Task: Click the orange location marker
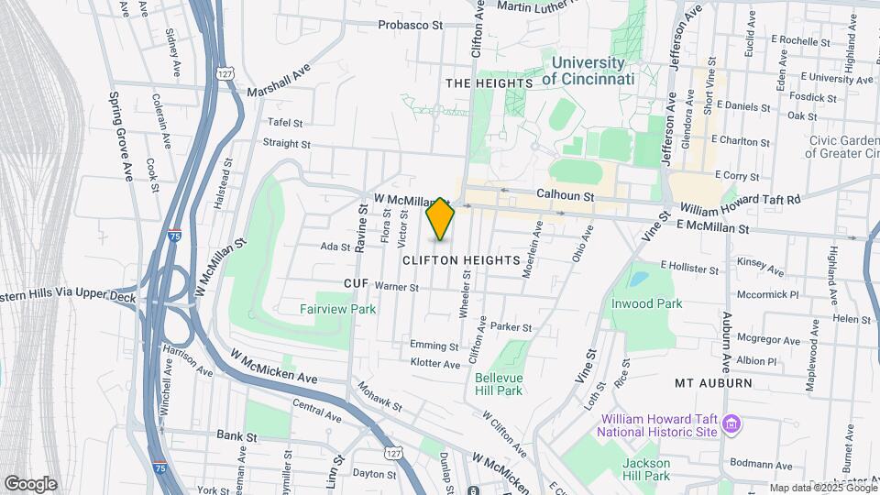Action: pyautogui.click(x=441, y=218)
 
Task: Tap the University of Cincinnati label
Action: pyautogui.click(x=588, y=71)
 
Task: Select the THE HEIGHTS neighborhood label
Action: pyautogui.click(x=489, y=83)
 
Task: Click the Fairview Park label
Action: pyautogui.click(x=337, y=309)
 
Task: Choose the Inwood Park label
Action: pyautogui.click(x=647, y=303)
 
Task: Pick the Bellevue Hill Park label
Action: pyautogui.click(x=499, y=383)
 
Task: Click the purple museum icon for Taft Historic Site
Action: pyautogui.click(x=731, y=424)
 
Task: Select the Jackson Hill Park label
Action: pyautogui.click(x=646, y=469)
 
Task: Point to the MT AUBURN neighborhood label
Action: pyautogui.click(x=713, y=383)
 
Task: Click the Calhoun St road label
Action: pyautogui.click(x=566, y=195)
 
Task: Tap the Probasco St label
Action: pyautogui.click(x=410, y=25)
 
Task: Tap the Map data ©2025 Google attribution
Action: pyautogui.click(x=822, y=488)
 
